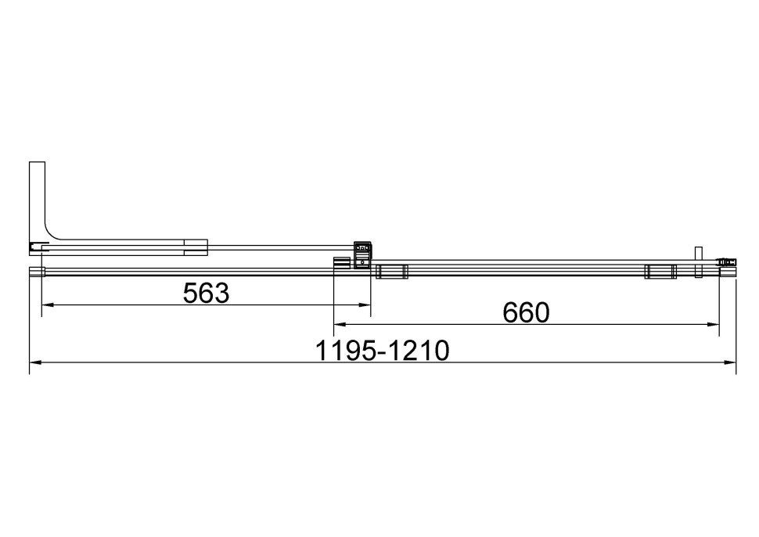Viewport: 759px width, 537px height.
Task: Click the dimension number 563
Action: coord(206,293)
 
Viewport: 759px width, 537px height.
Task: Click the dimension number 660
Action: coord(527,312)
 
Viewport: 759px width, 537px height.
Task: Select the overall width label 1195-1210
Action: coord(383,351)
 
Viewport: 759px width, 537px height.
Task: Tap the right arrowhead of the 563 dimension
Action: coord(365,305)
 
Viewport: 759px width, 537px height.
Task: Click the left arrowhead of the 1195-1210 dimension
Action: coord(35,362)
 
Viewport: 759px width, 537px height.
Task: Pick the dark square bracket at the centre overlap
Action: coord(362,255)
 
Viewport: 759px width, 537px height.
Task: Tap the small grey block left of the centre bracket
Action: coord(341,263)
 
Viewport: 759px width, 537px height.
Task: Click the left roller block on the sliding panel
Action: coord(391,272)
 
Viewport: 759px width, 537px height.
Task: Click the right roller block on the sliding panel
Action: coord(660,272)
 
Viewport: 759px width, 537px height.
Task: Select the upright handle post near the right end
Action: coord(699,261)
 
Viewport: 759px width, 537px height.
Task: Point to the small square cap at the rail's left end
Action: coord(36,272)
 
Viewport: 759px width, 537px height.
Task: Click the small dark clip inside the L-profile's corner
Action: coord(34,247)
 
